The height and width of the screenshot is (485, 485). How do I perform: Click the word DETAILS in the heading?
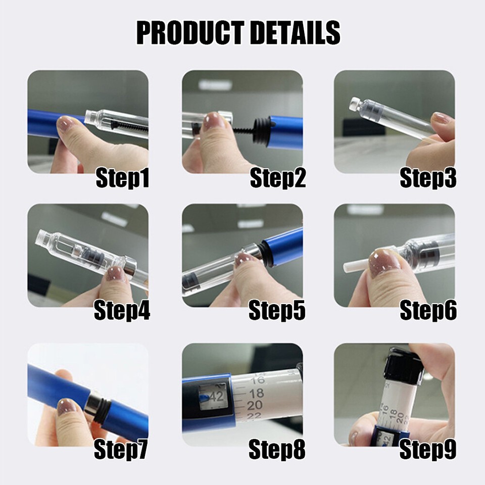coord(297,33)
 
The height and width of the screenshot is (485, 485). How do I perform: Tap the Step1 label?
coord(122,179)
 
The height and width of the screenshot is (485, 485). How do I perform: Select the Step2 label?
coord(277,179)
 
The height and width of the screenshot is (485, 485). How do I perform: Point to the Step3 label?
coord(428,179)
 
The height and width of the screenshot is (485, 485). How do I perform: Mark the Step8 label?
coord(277,449)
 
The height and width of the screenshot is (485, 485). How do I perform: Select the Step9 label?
coord(427,449)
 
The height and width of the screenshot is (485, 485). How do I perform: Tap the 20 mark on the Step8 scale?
coord(255,405)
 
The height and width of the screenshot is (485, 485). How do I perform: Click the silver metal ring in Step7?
coord(94,404)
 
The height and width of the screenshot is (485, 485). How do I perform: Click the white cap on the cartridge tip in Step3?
coord(355,105)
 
